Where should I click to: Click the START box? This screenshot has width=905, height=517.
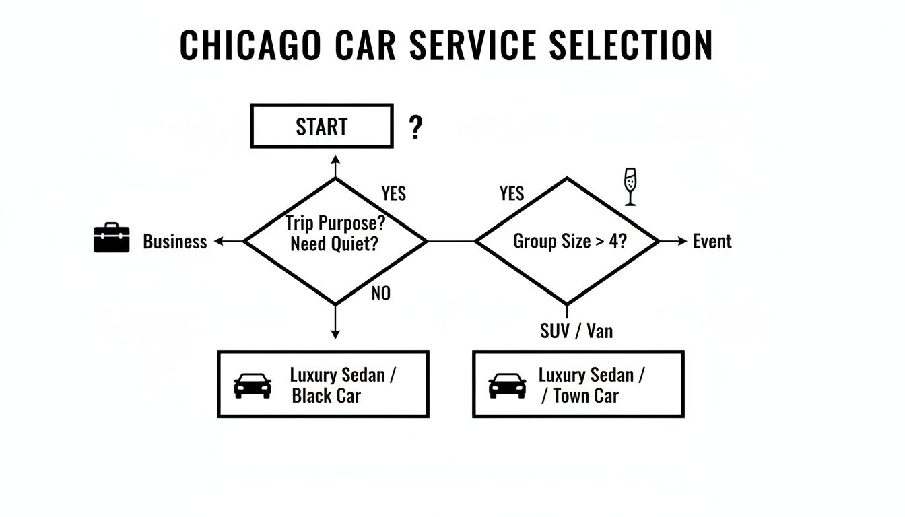(321, 126)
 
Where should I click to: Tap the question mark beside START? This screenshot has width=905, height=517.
(416, 127)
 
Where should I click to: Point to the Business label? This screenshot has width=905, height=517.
(174, 242)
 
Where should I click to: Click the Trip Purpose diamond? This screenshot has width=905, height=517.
(335, 241)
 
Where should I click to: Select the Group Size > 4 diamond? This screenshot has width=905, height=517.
(567, 241)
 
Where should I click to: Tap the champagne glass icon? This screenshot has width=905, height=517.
(630, 186)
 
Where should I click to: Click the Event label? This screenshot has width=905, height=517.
(712, 242)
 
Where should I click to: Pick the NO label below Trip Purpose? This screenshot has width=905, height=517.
(380, 294)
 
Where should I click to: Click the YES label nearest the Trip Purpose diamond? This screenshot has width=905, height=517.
(393, 194)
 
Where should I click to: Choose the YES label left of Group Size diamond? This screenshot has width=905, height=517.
(511, 194)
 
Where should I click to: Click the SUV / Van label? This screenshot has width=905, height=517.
(576, 331)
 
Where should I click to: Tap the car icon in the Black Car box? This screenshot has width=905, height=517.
(253, 386)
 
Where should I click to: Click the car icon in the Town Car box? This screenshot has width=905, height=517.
(507, 386)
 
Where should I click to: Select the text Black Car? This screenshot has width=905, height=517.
(326, 395)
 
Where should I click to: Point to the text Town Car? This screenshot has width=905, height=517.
(585, 396)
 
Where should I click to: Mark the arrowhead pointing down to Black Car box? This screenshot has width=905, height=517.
(335, 333)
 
